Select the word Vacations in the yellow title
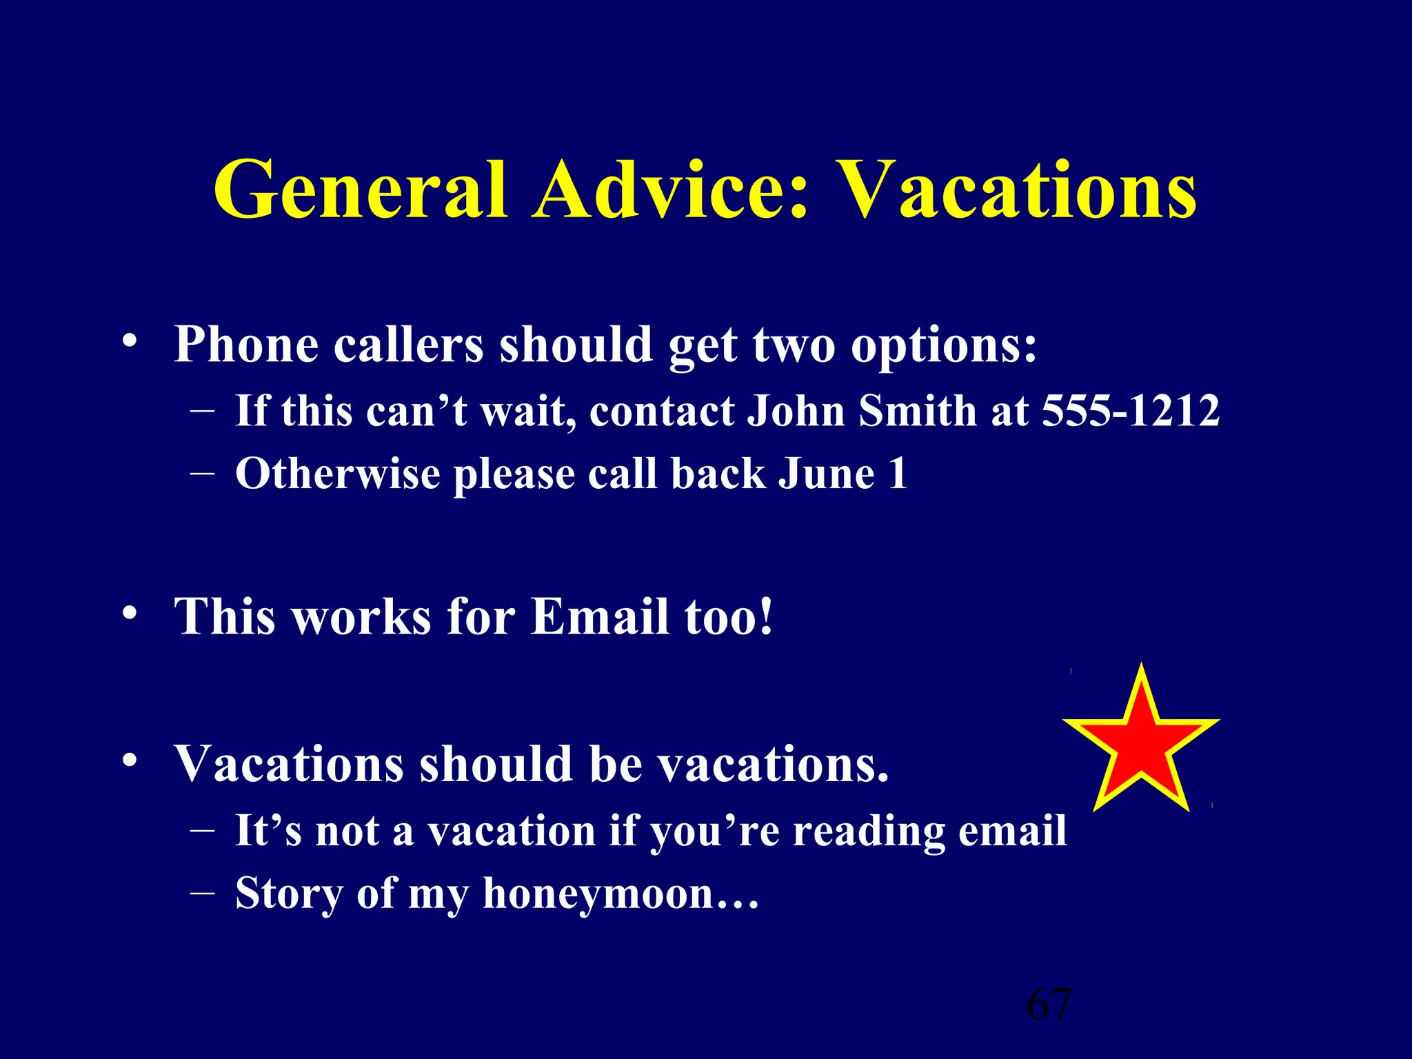tap(1019, 190)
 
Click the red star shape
tap(1142, 741)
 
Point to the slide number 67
tap(1049, 1005)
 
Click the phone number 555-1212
tap(1131, 411)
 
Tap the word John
tap(796, 411)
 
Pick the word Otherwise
tap(338, 474)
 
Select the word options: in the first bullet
tap(944, 345)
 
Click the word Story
tap(289, 894)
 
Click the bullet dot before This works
tap(130, 613)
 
